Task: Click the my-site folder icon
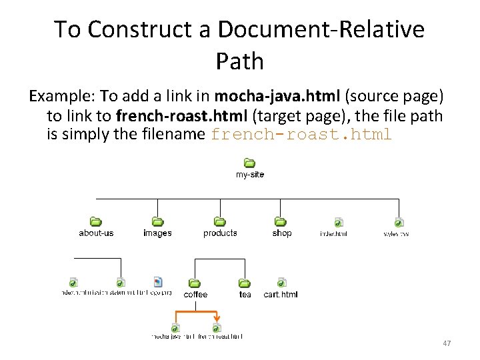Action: [249, 163]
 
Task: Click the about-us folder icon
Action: [95, 221]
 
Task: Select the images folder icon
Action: [157, 221]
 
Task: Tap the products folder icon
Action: [219, 221]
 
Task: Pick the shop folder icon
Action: [281, 221]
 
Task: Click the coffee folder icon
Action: [195, 283]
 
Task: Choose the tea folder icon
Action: [245, 283]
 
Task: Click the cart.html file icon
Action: [281, 283]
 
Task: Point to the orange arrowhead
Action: [217, 319]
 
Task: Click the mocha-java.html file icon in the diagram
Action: [175, 327]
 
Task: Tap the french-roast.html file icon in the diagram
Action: [216, 327]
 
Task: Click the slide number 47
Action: [447, 343]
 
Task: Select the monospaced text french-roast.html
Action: [301, 134]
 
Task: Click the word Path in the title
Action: [240, 61]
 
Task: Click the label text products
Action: [220, 233]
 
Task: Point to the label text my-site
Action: [250, 175]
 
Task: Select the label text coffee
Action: [195, 295]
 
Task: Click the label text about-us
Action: [96, 233]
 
